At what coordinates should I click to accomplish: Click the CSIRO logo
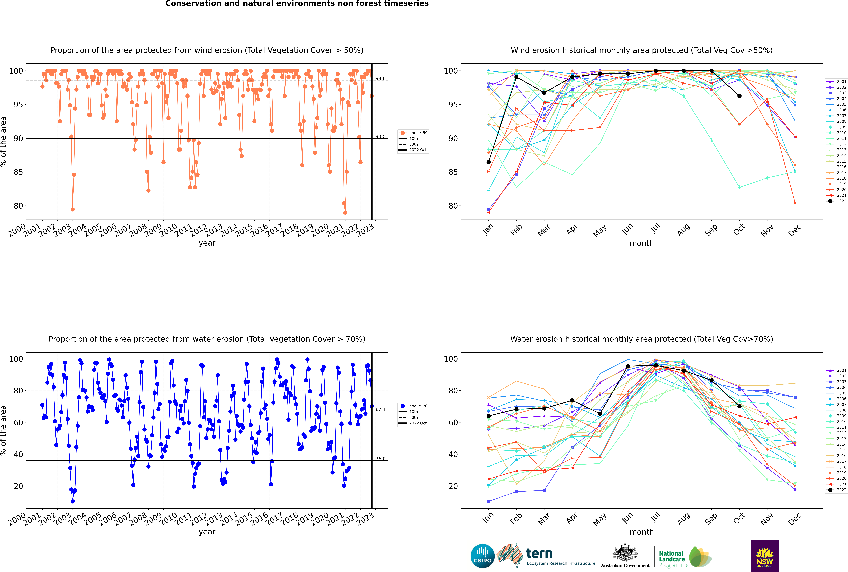click(482, 556)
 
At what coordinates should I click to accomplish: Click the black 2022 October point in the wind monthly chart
click(739, 96)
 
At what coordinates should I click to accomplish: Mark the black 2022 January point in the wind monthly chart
click(489, 162)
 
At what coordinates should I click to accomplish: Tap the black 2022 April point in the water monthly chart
click(572, 401)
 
